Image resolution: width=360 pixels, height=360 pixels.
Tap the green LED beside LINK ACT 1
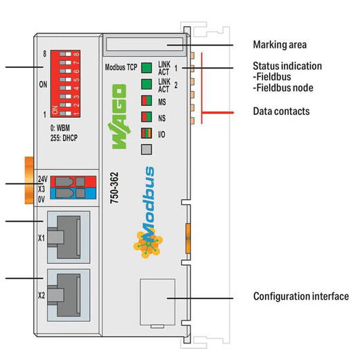(x=147, y=68)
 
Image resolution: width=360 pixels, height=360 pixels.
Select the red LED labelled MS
(x=147, y=102)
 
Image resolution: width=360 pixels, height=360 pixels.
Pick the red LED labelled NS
(x=147, y=118)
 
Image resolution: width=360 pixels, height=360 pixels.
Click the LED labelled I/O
(x=147, y=133)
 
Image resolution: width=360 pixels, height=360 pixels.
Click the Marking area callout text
(x=280, y=45)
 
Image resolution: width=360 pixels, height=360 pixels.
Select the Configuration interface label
(x=300, y=297)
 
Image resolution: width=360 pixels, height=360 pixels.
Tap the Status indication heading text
(x=287, y=66)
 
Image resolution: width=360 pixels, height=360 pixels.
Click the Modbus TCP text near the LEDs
(x=121, y=67)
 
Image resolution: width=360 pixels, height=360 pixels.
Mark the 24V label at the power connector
(x=43, y=179)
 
